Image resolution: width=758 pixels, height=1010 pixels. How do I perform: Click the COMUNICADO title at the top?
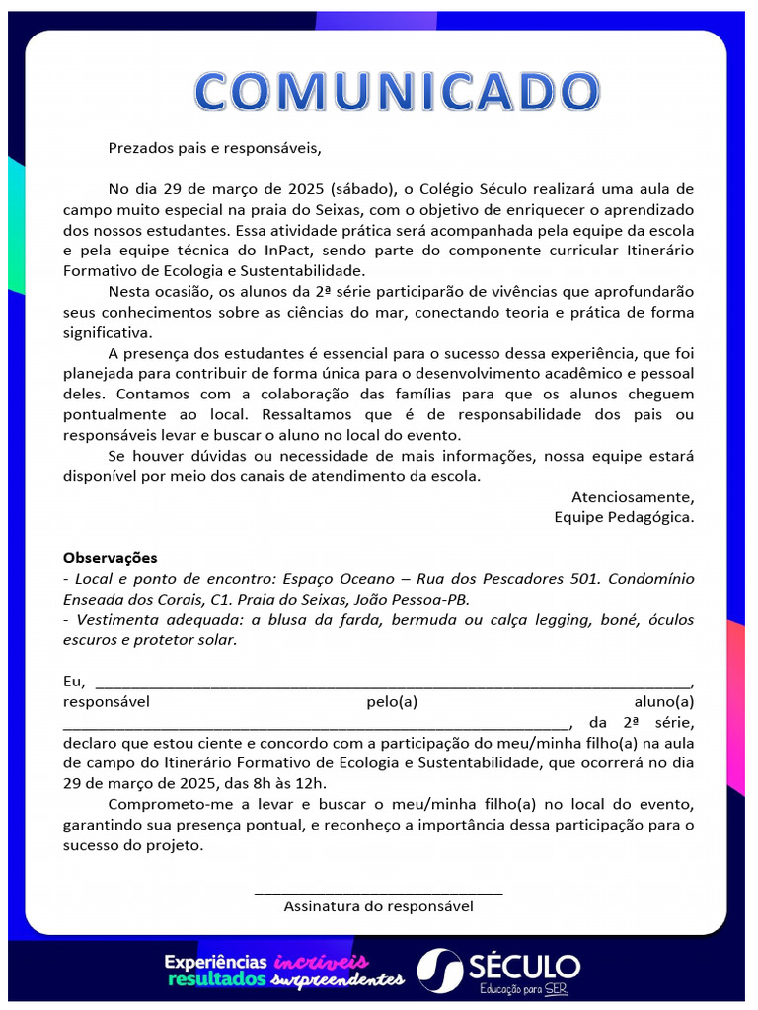397,92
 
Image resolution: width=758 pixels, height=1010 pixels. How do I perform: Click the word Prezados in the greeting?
139,149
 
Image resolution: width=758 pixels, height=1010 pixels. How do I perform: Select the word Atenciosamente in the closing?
632,496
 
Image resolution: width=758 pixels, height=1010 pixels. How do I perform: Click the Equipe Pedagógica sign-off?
623,516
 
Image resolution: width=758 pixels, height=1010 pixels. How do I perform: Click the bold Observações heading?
110,558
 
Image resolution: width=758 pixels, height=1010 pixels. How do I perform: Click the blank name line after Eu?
393,684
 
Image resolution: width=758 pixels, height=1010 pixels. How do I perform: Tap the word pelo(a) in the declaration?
392,702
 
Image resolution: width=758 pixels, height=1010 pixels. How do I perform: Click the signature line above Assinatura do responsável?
378,892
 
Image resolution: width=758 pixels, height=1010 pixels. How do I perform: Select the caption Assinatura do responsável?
378,905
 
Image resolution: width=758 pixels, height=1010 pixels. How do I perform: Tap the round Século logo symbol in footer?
439,971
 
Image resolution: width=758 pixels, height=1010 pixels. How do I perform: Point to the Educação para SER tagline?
523,988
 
